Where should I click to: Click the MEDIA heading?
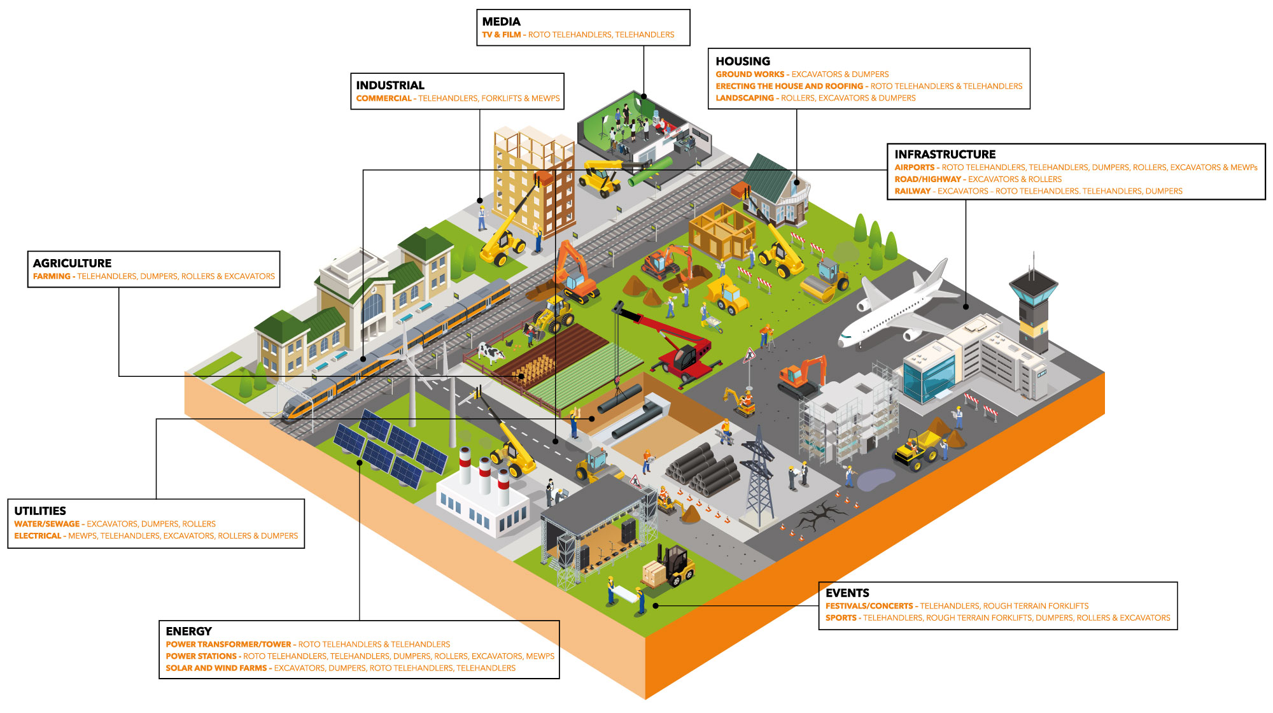click(501, 22)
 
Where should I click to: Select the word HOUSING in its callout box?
click(742, 61)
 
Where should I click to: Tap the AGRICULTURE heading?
click(72, 263)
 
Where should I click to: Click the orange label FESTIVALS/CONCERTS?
click(869, 606)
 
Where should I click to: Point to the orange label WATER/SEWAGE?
click(46, 524)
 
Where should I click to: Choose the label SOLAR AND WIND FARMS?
click(216, 668)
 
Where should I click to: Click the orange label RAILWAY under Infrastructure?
click(912, 191)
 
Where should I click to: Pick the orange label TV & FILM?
click(501, 35)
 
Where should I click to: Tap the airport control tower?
click(1032, 306)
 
